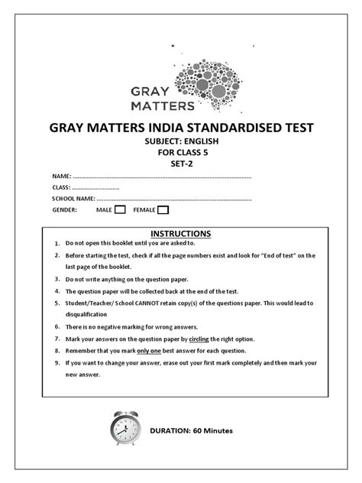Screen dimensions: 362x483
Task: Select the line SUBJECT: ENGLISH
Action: coord(181,142)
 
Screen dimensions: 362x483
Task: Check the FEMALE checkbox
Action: coord(163,209)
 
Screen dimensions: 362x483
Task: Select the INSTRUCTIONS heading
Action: coord(180,233)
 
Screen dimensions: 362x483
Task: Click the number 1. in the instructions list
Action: coord(57,244)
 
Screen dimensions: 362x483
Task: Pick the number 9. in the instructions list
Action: coord(57,363)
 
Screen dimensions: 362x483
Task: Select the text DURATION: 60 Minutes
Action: coord(191,430)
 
